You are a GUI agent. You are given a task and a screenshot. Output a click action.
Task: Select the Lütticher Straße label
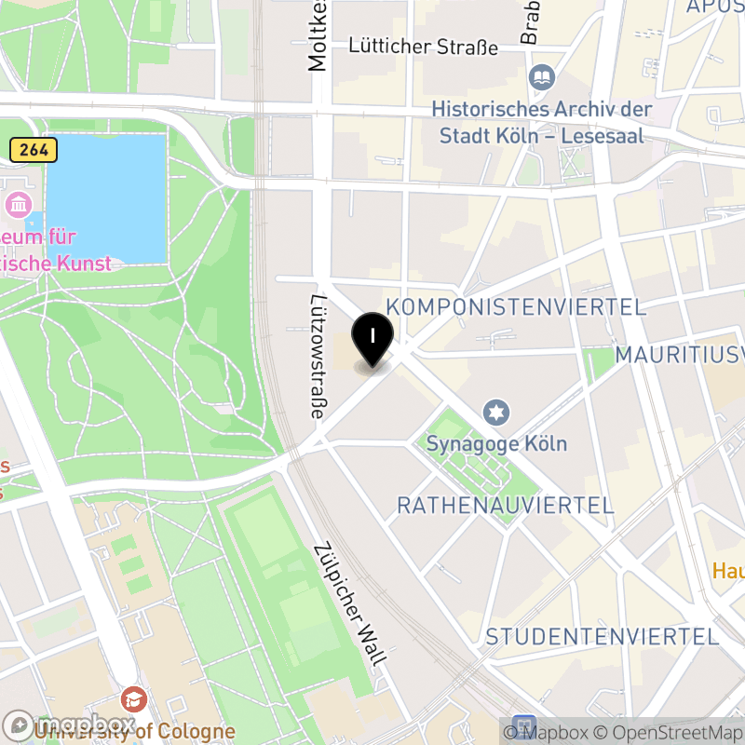tap(423, 47)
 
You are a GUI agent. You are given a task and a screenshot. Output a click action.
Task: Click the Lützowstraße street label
tap(318, 358)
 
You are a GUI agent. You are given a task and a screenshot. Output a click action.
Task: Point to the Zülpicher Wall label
tap(351, 605)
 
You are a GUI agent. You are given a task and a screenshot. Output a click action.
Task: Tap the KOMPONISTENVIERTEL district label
tap(515, 307)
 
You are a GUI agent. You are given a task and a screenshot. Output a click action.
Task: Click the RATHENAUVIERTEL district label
tap(505, 506)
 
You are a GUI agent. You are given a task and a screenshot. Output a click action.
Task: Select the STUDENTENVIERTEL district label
tap(602, 637)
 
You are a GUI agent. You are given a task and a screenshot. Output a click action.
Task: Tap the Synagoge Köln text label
tap(496, 443)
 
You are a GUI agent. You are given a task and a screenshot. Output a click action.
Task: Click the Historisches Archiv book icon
tap(540, 77)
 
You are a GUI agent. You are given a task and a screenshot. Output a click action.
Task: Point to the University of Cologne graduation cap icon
tap(134, 698)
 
